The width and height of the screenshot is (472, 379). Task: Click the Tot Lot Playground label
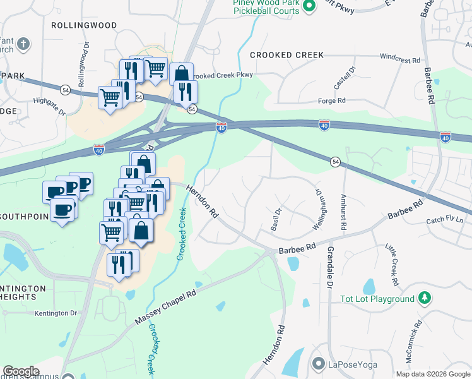click(x=377, y=299)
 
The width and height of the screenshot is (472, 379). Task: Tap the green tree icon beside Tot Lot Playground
click(x=425, y=298)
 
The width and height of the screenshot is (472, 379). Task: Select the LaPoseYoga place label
click(x=351, y=364)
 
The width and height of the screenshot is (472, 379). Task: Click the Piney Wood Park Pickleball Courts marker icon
click(x=309, y=7)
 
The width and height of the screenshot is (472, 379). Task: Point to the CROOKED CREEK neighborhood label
click(x=287, y=56)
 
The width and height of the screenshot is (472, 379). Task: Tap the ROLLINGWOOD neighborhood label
click(x=84, y=25)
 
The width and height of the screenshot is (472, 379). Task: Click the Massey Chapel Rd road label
click(x=165, y=308)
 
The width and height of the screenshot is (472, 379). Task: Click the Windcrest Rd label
click(x=400, y=59)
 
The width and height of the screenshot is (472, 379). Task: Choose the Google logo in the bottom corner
click(x=21, y=371)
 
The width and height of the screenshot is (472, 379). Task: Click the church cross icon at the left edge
click(x=23, y=44)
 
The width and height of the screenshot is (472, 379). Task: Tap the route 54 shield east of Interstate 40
click(x=336, y=162)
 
